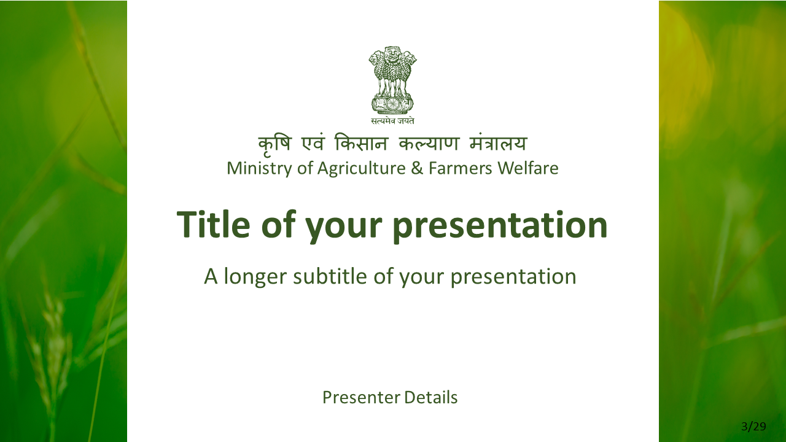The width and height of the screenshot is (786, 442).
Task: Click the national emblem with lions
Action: (392, 80)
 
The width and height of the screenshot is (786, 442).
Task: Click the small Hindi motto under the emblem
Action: (392, 121)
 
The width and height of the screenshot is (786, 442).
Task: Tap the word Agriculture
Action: (362, 168)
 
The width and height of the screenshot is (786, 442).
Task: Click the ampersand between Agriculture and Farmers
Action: (417, 168)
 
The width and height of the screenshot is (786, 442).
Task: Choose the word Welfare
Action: (528, 168)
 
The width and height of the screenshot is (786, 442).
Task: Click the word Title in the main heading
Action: (213, 224)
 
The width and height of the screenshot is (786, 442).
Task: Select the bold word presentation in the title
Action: (500, 227)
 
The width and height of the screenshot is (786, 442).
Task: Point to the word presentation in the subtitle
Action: (513, 277)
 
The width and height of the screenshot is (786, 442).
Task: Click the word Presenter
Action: (361, 397)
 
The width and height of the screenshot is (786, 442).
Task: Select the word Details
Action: (431, 397)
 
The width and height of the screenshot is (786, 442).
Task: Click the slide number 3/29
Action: (753, 427)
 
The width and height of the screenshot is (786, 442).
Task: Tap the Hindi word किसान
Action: (361, 143)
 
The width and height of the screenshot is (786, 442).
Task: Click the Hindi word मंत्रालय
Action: (498, 143)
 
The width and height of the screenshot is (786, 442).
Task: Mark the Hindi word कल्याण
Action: (429, 143)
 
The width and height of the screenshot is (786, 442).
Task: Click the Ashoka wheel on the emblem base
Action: (392, 104)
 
